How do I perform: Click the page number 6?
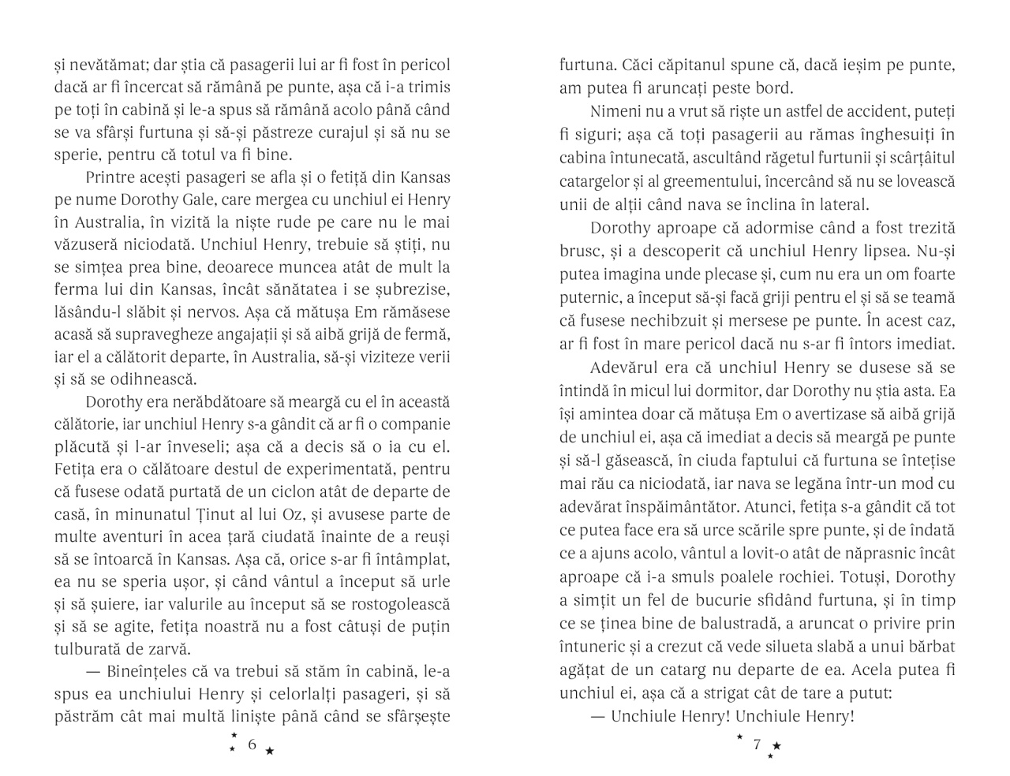coord(252,744)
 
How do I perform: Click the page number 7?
coord(757,744)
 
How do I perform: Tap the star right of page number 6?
coord(270,751)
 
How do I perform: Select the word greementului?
coord(716,181)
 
